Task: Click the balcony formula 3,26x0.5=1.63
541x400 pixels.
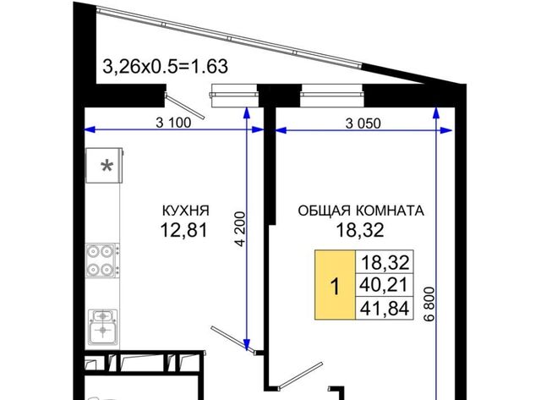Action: point(166,67)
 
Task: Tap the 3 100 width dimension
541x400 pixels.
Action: point(173,123)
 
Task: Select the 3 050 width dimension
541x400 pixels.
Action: point(363,123)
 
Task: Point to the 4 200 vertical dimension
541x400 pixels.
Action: point(241,228)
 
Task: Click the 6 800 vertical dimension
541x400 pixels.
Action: point(430,304)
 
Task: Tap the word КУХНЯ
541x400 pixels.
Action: point(186,211)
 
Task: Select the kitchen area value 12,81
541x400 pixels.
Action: point(184,230)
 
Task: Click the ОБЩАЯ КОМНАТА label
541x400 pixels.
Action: point(361,211)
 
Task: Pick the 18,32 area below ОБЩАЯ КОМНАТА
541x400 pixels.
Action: point(360,230)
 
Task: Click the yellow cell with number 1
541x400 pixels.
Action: point(335,285)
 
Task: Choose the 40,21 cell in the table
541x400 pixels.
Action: point(385,285)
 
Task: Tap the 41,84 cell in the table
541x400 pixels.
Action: point(385,308)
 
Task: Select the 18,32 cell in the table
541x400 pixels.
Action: point(385,262)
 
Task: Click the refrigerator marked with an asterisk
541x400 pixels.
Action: point(105,165)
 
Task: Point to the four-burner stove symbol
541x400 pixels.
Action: point(102,260)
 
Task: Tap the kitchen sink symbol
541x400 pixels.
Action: point(102,326)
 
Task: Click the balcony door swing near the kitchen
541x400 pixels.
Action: point(184,106)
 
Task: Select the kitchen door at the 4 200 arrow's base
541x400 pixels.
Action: point(233,339)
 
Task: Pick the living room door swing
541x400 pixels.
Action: point(300,375)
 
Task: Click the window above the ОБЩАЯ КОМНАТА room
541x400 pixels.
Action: point(332,96)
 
